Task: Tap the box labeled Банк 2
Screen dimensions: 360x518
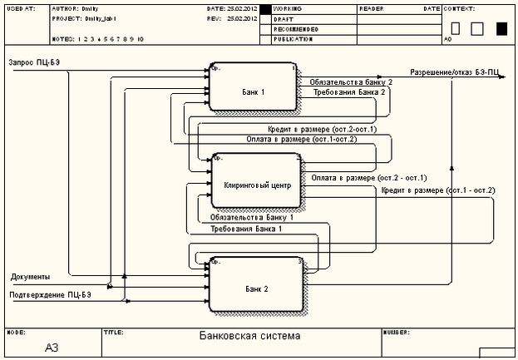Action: click(257, 288)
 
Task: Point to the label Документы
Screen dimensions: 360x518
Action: click(30, 275)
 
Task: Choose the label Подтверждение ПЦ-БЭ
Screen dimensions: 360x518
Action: click(51, 294)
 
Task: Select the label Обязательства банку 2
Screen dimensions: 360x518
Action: click(351, 83)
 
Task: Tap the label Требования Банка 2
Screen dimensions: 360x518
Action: click(349, 93)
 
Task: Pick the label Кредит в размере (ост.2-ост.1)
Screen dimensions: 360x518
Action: click(322, 130)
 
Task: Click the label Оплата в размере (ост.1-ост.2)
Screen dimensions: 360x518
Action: click(301, 140)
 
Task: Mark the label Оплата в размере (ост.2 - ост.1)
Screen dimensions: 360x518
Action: click(368, 178)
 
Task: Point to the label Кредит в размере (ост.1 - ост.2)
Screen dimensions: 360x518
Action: click(438, 190)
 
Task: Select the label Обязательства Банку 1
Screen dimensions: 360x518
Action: click(252, 217)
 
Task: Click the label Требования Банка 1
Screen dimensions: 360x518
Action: click(246, 227)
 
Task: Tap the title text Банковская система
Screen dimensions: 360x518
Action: click(250, 337)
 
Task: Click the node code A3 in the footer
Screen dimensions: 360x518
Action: click(52, 347)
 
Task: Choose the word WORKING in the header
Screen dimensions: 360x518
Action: click(288, 7)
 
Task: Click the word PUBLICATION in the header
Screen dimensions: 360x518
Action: click(293, 38)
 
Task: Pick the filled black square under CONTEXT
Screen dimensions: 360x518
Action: click(501, 28)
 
